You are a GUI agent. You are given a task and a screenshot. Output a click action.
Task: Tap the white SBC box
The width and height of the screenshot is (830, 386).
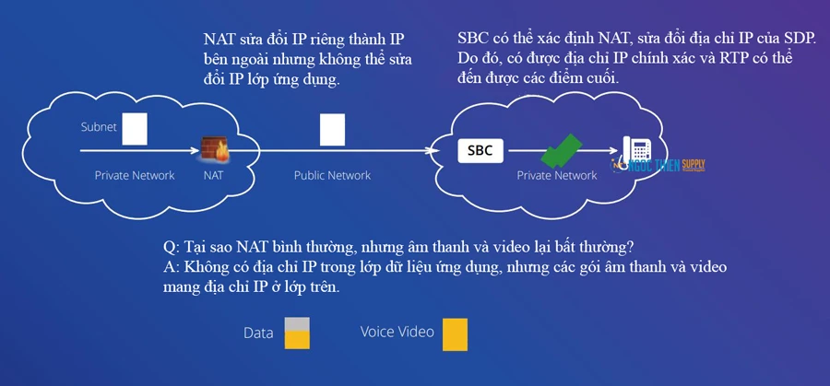pyautogui.click(x=480, y=149)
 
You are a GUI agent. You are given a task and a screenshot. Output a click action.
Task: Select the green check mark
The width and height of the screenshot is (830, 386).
pyautogui.click(x=561, y=150)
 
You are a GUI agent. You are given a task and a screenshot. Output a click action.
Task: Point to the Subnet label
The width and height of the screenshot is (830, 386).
pyautogui.click(x=98, y=127)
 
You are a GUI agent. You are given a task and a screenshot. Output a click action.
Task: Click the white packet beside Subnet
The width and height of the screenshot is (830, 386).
pyautogui.click(x=136, y=128)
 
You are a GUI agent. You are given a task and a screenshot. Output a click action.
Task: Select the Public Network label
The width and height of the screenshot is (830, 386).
pyautogui.click(x=332, y=175)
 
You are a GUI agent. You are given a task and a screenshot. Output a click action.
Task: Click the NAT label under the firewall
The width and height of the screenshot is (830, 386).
pyautogui.click(x=214, y=175)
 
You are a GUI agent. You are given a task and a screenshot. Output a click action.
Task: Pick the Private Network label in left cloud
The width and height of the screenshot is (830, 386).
pyautogui.click(x=135, y=175)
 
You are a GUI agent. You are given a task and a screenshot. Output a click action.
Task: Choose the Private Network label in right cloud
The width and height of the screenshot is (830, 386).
pyautogui.click(x=556, y=175)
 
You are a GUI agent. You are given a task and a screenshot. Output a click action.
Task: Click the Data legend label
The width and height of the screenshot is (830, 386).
pyautogui.click(x=259, y=333)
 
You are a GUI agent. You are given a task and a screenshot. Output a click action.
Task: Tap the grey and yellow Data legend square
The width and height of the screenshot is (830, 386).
pyautogui.click(x=296, y=333)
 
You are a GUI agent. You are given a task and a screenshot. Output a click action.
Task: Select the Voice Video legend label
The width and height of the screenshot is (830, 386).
pyautogui.click(x=397, y=332)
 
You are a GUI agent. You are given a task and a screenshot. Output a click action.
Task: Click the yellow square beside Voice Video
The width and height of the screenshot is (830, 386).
pyautogui.click(x=455, y=333)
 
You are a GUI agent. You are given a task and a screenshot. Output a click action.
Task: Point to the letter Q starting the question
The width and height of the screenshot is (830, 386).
pyautogui.click(x=169, y=249)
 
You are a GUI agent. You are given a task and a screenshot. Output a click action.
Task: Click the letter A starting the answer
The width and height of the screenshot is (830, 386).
pyautogui.click(x=168, y=268)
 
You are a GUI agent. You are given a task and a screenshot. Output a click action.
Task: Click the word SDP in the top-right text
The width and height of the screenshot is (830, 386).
pyautogui.click(x=804, y=40)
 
